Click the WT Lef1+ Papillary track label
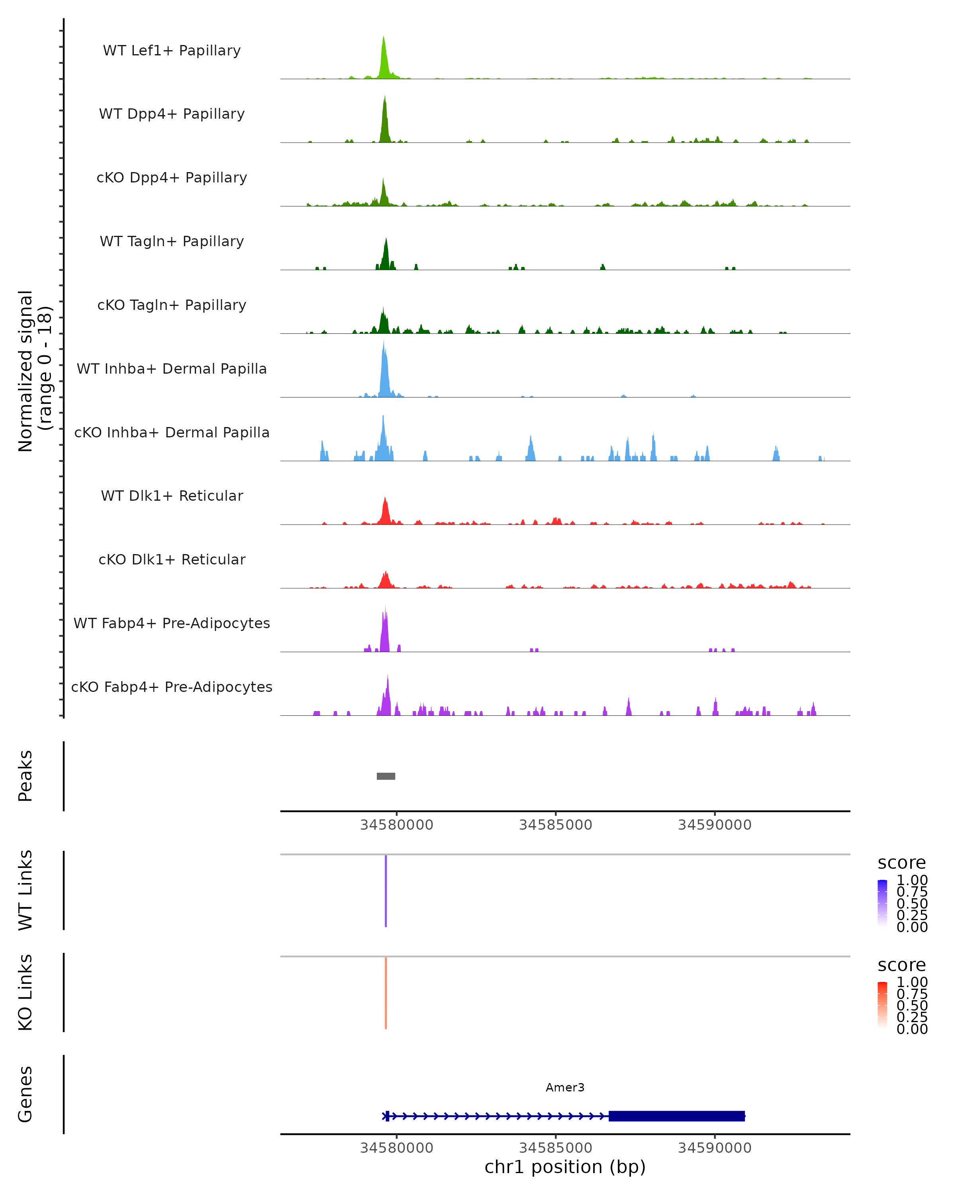[x=172, y=51]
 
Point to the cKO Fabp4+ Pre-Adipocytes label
[x=172, y=687]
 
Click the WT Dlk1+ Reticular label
[x=172, y=496]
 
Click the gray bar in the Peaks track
[x=386, y=776]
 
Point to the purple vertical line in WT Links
[x=386, y=891]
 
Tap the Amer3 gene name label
[x=565, y=1087]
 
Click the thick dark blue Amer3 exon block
[x=676, y=1116]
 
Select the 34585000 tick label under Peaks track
[x=555, y=825]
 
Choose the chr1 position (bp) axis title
[x=565, y=1167]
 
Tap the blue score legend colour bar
[x=882, y=902]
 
